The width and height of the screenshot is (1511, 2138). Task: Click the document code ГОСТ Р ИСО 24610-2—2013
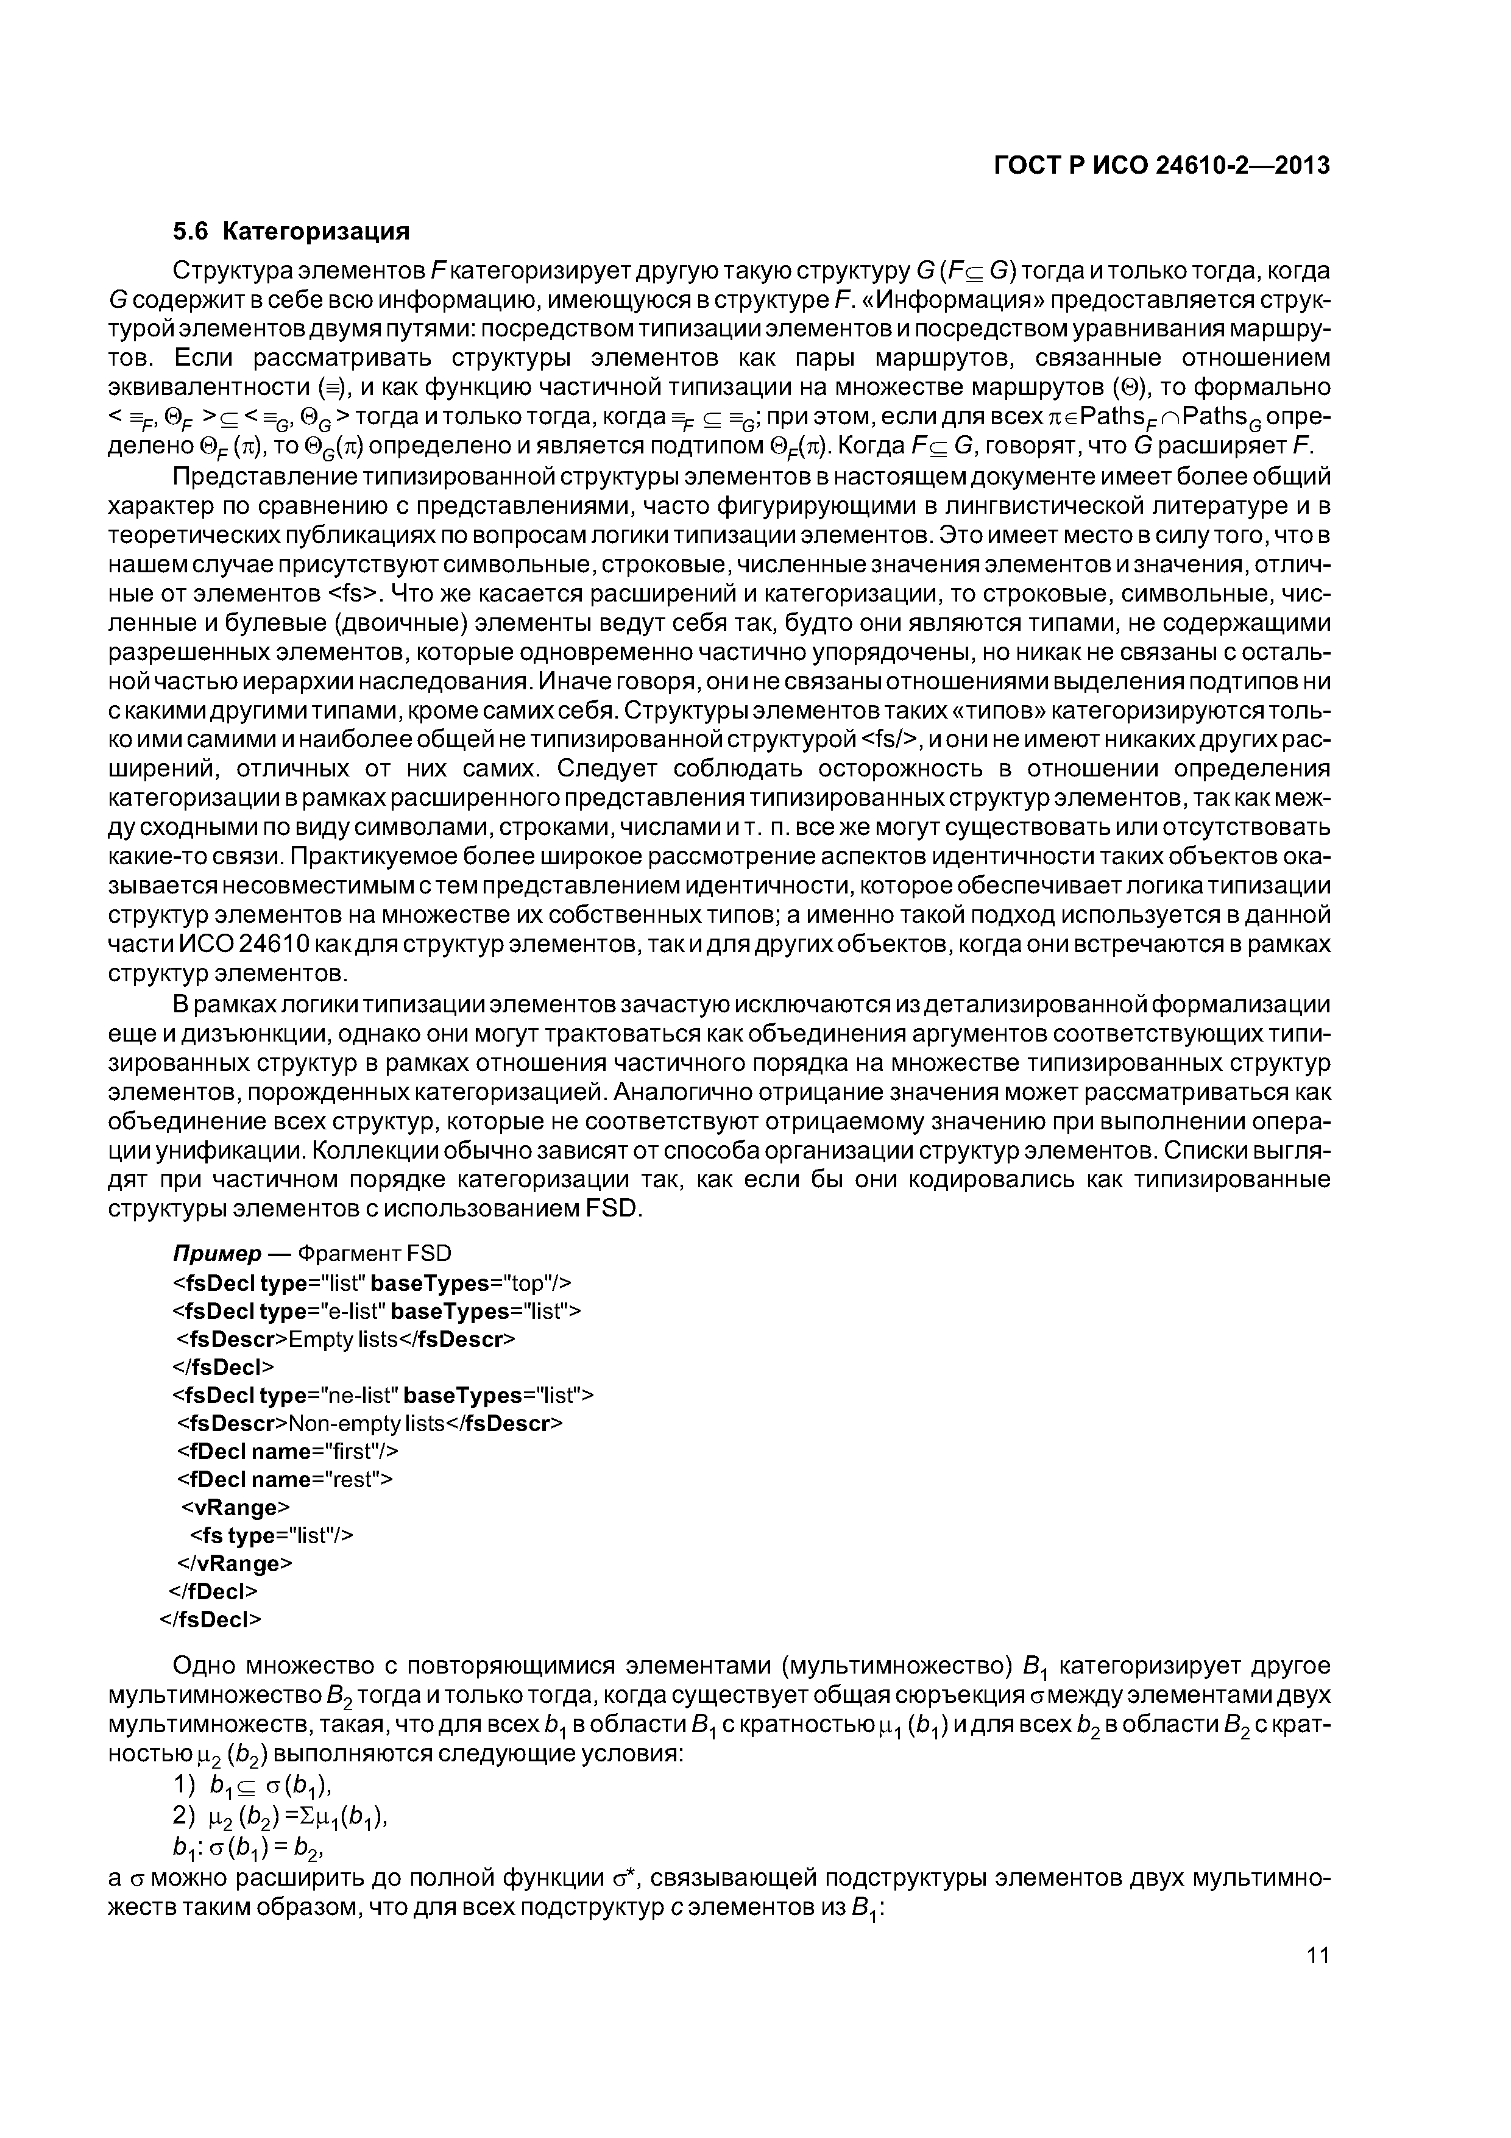[x=1161, y=166]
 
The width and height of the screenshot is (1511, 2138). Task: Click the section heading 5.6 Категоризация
[x=291, y=230]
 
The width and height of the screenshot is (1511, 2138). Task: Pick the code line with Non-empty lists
[x=370, y=1424]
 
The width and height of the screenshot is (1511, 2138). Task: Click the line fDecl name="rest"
[x=285, y=1480]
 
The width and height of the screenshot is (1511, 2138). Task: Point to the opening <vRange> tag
[x=235, y=1508]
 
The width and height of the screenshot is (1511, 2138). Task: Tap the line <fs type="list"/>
[x=272, y=1535]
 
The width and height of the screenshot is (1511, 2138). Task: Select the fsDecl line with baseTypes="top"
[x=372, y=1283]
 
